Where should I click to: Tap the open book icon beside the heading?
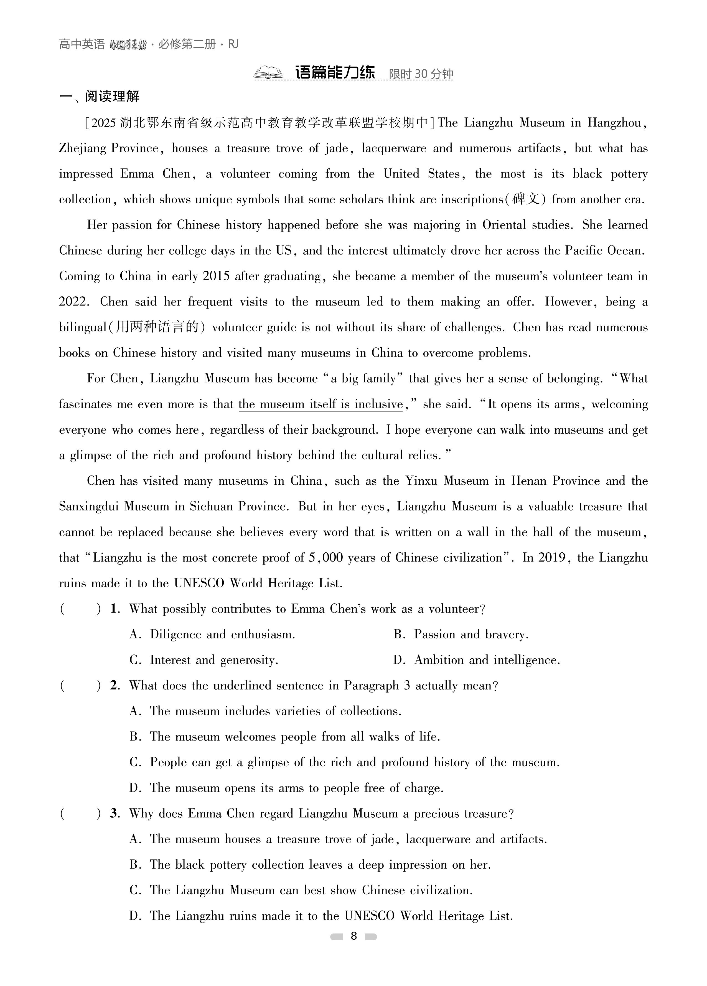tap(268, 73)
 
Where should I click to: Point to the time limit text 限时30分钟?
tap(421, 74)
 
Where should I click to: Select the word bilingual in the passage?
tap(83, 327)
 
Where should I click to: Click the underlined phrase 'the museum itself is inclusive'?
tap(320, 404)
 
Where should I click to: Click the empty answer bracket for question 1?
tap(80, 609)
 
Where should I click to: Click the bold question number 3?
tap(115, 813)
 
